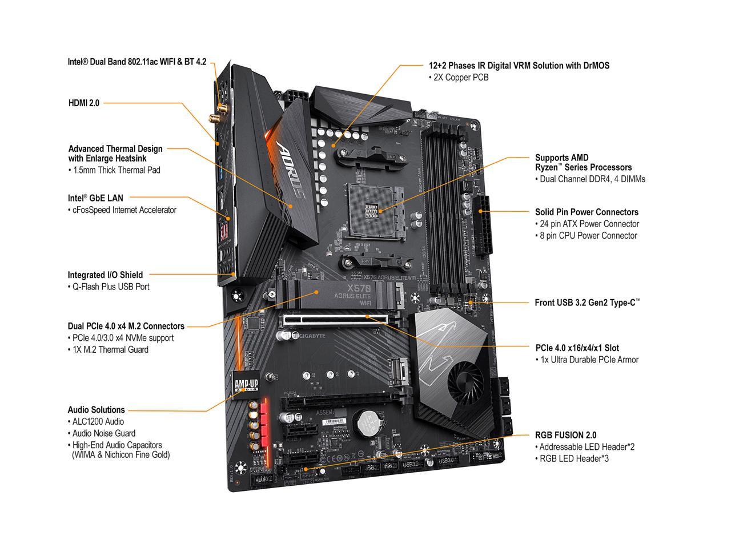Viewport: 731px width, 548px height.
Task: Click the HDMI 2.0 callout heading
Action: [83, 103]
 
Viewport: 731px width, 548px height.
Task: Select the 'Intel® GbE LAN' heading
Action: [95, 198]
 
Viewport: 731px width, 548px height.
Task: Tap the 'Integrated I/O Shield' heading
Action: [105, 275]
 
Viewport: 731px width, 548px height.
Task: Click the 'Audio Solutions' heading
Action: [96, 409]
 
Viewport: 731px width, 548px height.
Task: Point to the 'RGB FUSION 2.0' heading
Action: [565, 435]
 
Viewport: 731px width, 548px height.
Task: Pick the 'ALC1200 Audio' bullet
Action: [99, 421]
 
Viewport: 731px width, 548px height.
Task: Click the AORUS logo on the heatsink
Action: [291, 172]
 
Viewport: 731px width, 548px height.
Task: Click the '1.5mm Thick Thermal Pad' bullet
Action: [114, 170]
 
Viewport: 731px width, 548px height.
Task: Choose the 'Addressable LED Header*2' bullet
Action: [585, 447]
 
